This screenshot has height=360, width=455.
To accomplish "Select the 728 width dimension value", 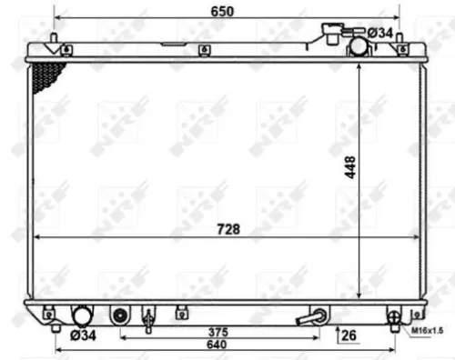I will [229, 229].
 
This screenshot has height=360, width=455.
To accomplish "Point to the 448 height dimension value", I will [349, 167].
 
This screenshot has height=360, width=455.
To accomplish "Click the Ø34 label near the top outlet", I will [380, 33].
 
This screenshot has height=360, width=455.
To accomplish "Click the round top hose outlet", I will [356, 43].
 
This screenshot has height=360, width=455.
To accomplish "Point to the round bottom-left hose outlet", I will [83, 316].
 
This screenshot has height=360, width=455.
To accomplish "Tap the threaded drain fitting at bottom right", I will [395, 317].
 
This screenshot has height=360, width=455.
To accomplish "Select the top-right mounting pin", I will [422, 40].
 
